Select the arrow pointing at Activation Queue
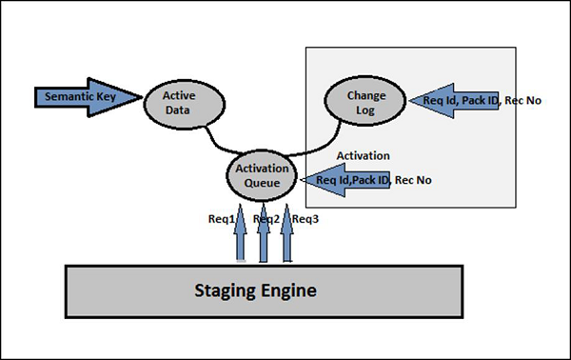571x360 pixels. coord(347,179)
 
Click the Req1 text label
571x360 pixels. coord(221,218)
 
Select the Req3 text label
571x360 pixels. coord(305,218)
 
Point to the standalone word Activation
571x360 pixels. coord(364,154)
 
